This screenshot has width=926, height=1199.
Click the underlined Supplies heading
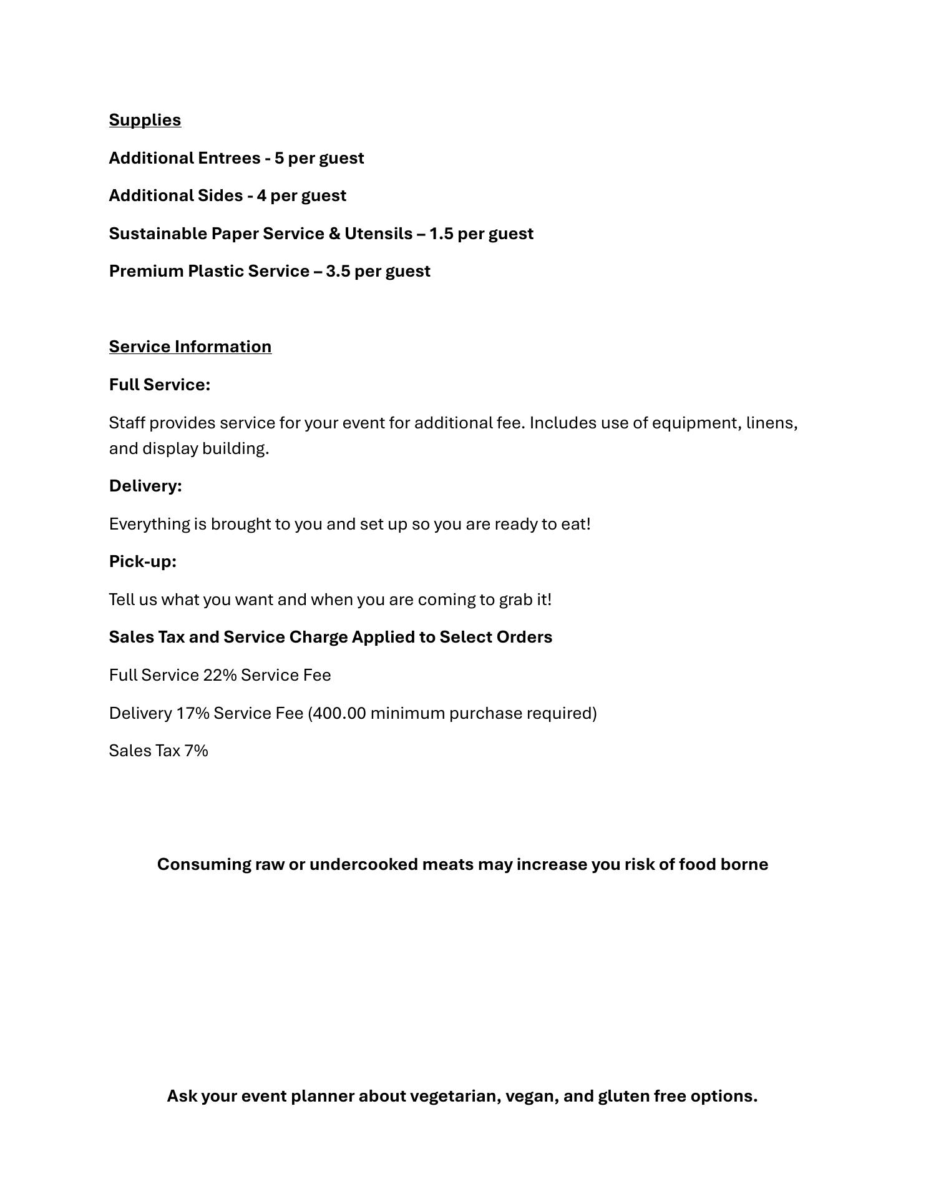[x=145, y=120]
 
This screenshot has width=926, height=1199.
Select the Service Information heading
[x=190, y=347]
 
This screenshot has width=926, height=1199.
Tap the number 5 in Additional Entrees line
[x=279, y=158]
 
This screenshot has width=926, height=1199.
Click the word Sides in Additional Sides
[x=220, y=195]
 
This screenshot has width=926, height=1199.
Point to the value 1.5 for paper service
[x=441, y=234]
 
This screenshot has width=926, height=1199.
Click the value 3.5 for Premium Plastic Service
[x=338, y=271]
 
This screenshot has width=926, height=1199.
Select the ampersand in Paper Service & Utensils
[x=334, y=234]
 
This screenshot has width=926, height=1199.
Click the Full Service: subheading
[x=159, y=385]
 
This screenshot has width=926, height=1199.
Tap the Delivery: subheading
[x=145, y=486]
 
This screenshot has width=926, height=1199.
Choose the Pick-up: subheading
[x=142, y=561]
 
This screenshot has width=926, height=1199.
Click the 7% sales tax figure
[x=196, y=751]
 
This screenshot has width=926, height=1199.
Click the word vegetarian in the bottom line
[x=455, y=1096]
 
